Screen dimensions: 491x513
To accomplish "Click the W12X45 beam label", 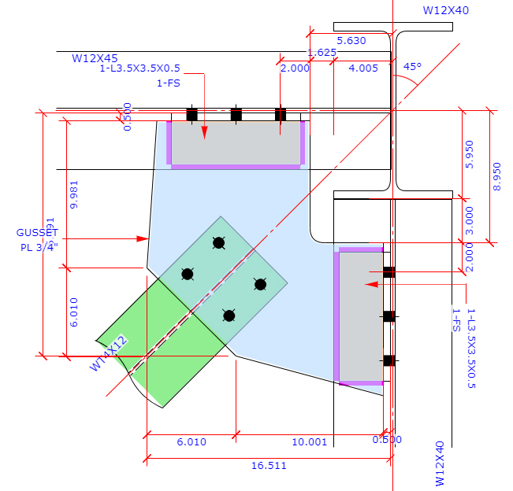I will point(95,57).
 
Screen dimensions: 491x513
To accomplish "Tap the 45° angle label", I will point(412,67).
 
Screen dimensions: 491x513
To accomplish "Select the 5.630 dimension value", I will point(351,41).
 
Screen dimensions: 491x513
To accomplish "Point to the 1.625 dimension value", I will point(322,53).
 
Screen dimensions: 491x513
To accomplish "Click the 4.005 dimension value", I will point(363,68).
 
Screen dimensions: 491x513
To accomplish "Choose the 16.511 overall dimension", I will point(270,466).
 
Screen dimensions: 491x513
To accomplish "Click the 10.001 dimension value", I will point(309,441).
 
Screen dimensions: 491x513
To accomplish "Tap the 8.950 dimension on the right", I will point(496,175).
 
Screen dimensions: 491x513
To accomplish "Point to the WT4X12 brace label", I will point(109,353).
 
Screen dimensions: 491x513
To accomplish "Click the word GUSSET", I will point(37,233).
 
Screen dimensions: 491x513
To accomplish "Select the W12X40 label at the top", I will point(446,11).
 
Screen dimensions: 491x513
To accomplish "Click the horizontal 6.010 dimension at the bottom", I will point(191,441).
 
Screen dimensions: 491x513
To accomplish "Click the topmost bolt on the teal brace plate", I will point(219,242).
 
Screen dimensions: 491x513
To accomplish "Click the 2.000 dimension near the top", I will point(295,68).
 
